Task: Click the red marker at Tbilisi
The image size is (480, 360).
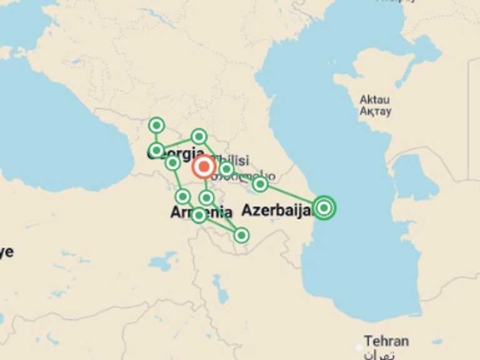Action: tap(204, 167)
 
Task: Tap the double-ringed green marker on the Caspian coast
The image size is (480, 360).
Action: tap(324, 207)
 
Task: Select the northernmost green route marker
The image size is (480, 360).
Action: tap(156, 126)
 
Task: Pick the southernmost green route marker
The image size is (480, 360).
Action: tap(241, 235)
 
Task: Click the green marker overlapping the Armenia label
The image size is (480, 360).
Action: tap(199, 215)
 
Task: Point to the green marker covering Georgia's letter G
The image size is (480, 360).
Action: tap(156, 150)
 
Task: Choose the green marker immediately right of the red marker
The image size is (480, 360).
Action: tap(226, 169)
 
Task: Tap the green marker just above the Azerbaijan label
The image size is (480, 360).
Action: tap(260, 184)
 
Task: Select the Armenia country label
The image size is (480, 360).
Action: tap(201, 212)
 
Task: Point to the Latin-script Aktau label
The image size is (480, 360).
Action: tap(375, 100)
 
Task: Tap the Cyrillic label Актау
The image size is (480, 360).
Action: tap(376, 111)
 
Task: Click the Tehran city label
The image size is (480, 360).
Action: tap(387, 341)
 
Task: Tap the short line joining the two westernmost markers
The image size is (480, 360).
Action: tap(156, 138)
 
